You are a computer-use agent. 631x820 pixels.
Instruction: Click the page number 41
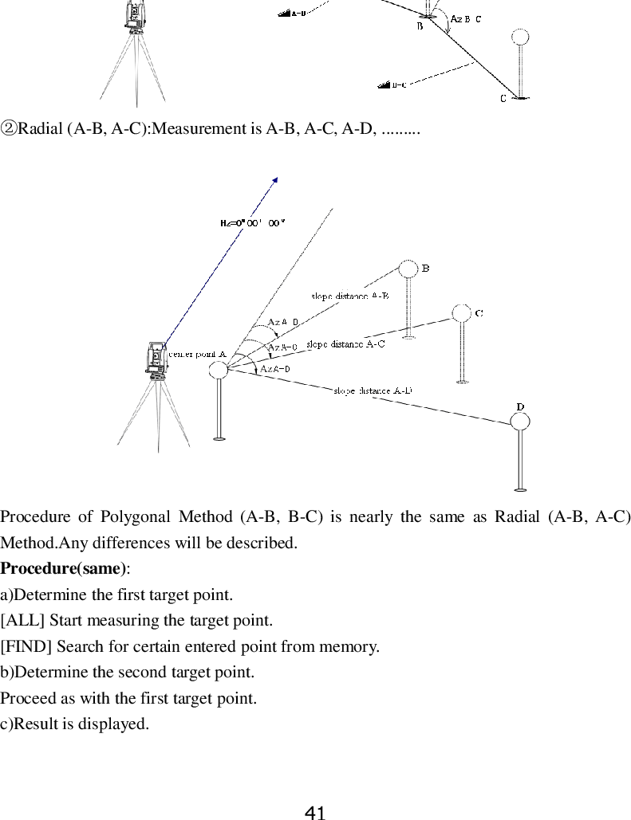tap(315, 813)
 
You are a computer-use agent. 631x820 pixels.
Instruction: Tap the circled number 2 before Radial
tap(9, 128)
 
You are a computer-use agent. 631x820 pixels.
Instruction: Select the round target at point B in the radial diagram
tap(408, 269)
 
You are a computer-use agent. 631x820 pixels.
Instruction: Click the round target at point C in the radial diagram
tap(461, 312)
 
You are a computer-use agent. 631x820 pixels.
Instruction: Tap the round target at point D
tap(520, 420)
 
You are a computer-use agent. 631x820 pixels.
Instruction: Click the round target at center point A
tap(219, 370)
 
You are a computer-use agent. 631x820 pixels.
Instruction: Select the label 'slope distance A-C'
tap(345, 344)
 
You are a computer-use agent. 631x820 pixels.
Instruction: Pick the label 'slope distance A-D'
tap(373, 390)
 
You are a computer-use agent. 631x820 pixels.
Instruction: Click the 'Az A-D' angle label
tap(275, 368)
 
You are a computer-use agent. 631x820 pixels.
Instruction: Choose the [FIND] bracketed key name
tap(20, 645)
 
